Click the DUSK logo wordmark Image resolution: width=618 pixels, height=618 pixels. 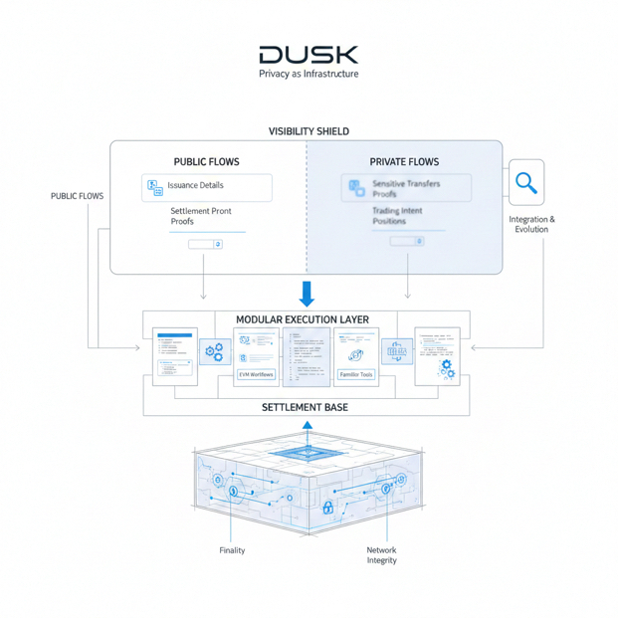[309, 54]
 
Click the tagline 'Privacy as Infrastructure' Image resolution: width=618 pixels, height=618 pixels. [309, 74]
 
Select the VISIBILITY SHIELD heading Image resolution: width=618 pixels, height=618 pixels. [309, 131]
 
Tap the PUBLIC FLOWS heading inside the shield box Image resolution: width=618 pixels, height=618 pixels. [206, 161]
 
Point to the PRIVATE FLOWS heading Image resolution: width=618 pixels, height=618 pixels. [404, 161]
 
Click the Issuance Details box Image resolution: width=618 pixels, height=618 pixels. [207, 187]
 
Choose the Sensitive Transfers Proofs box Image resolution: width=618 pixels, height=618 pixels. [406, 188]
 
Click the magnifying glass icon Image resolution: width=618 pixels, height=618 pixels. [526, 183]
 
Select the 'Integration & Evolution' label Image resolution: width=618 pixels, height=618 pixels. [531, 224]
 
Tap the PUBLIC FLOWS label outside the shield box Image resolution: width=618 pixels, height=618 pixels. [77, 196]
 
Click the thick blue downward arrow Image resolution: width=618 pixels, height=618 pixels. [308, 294]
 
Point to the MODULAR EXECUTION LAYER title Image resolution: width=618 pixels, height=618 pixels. [303, 319]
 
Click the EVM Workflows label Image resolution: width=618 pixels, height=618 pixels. [256, 374]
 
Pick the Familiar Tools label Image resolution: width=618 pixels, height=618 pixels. [355, 374]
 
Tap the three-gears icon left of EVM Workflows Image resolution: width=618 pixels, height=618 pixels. [214, 350]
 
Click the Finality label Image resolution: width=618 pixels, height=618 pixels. [231, 550]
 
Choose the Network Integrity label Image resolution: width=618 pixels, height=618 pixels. [381, 555]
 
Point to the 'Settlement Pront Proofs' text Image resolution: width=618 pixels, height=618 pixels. [201, 217]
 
